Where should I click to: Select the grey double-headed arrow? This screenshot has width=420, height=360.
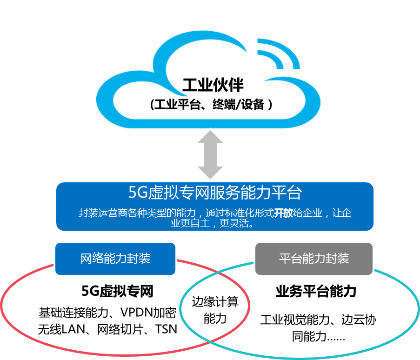click(210, 154)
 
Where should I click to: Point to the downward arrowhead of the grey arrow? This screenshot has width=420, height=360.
click(210, 172)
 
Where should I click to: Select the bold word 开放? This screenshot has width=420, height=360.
click(283, 213)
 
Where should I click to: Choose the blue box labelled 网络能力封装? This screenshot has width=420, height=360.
click(115, 259)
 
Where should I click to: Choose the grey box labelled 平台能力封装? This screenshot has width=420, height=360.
click(314, 259)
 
